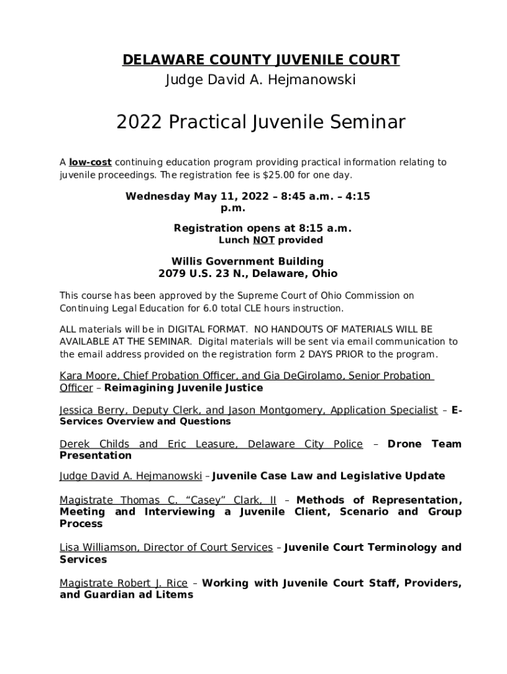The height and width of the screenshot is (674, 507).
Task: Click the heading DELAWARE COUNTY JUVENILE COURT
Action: click(x=261, y=61)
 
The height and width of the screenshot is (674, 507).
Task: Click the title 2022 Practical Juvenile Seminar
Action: click(x=261, y=122)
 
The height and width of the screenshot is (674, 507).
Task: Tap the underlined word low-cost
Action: click(x=90, y=163)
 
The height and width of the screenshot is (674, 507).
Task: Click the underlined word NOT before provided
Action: click(x=263, y=241)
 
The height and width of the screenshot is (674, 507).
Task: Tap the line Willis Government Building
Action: click(x=248, y=261)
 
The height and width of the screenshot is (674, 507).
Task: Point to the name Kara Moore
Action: click(x=84, y=376)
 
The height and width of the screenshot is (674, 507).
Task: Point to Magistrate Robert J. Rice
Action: click(x=123, y=583)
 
